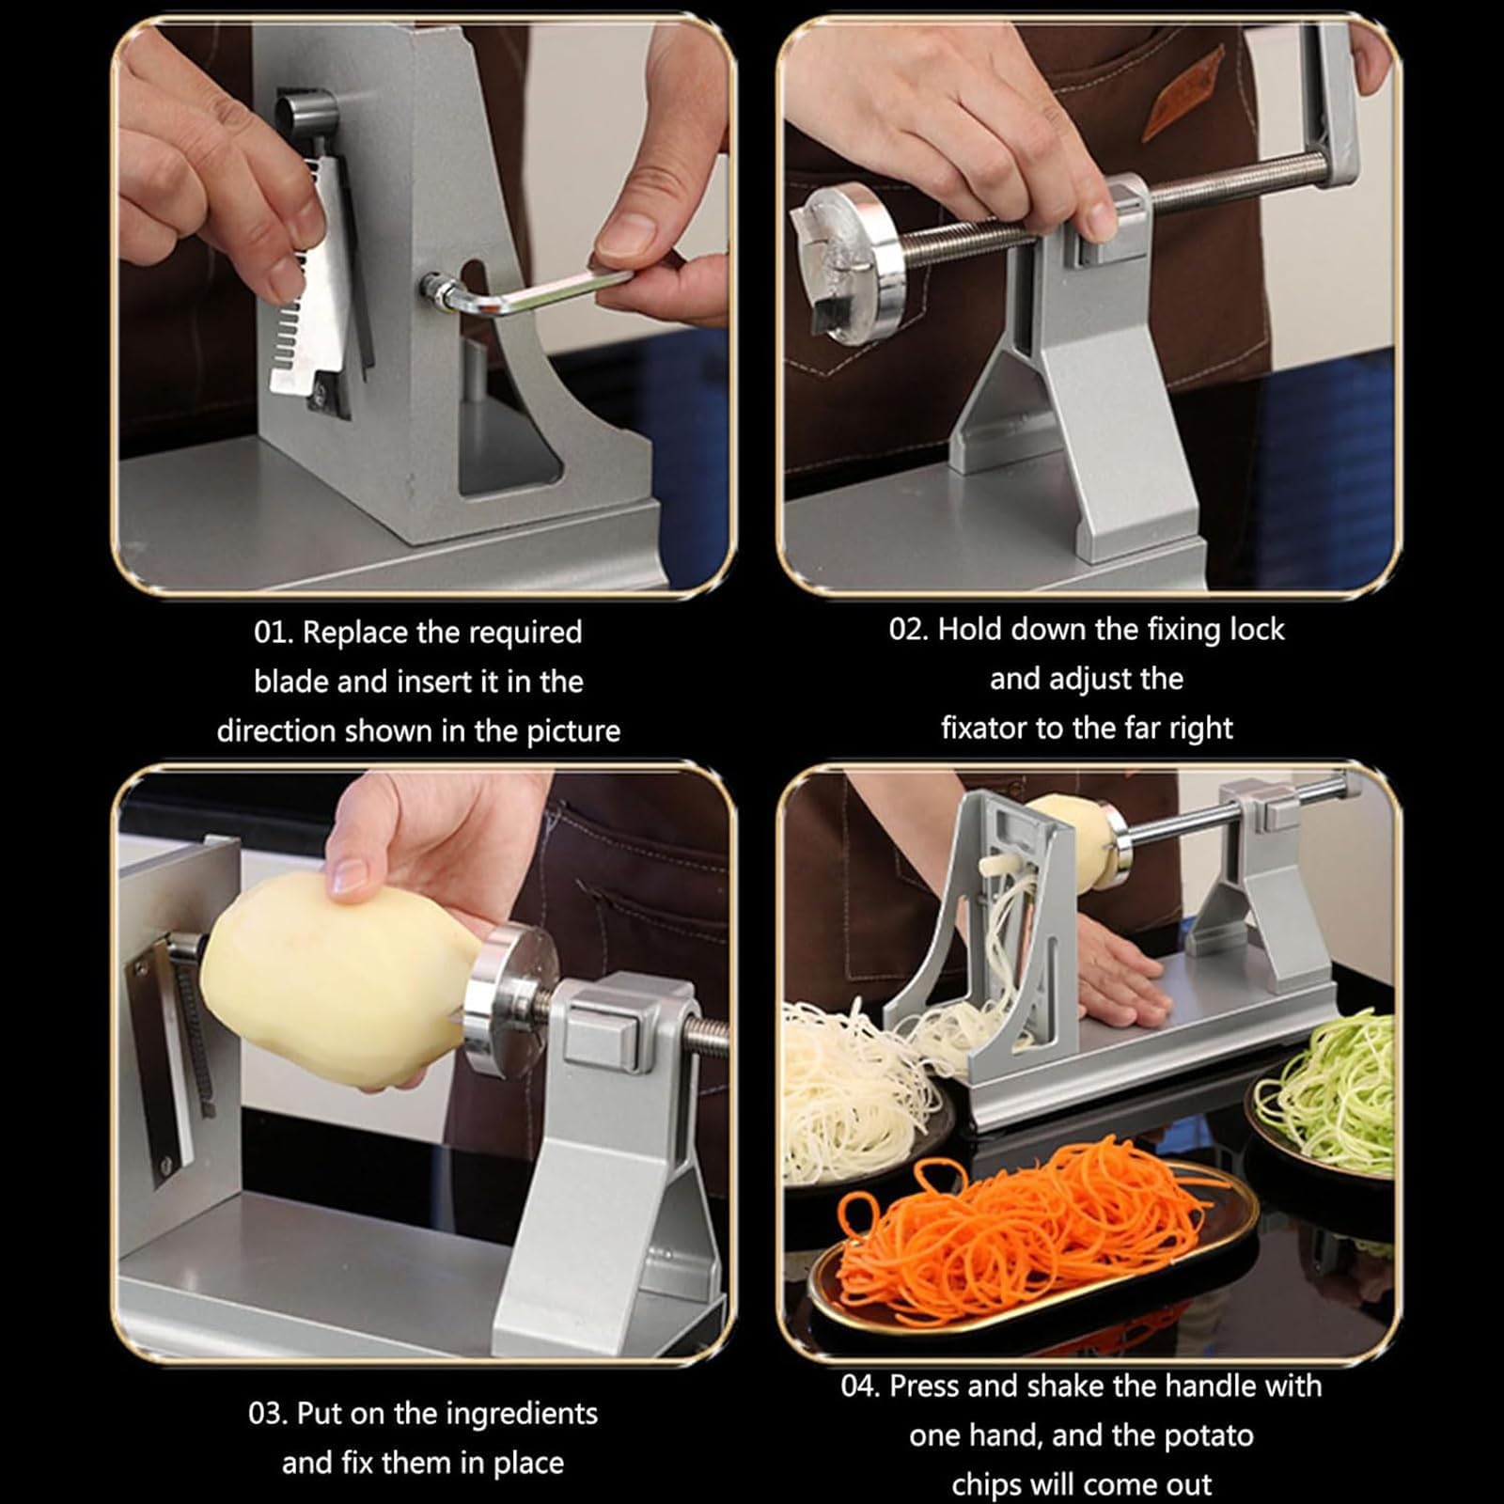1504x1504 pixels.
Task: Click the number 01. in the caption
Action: point(274,632)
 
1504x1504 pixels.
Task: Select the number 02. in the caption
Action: point(909,629)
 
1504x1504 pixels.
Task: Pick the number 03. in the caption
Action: point(269,1414)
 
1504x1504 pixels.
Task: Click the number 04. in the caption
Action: point(861,1386)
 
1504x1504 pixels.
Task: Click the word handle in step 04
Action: point(1231,1386)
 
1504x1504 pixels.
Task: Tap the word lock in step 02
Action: point(1257,629)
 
